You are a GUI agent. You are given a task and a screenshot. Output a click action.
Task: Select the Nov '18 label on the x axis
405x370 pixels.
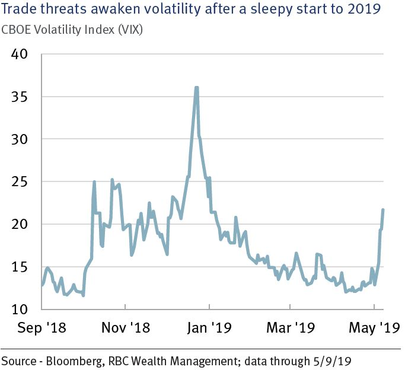(126, 327)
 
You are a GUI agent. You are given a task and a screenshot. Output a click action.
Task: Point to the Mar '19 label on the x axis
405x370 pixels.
(289, 327)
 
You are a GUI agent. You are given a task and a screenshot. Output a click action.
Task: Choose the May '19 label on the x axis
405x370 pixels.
(372, 327)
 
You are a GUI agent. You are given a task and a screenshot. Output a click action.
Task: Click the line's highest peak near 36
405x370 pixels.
(196, 88)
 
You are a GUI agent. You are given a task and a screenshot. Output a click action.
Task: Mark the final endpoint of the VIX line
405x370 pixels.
(383, 209)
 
